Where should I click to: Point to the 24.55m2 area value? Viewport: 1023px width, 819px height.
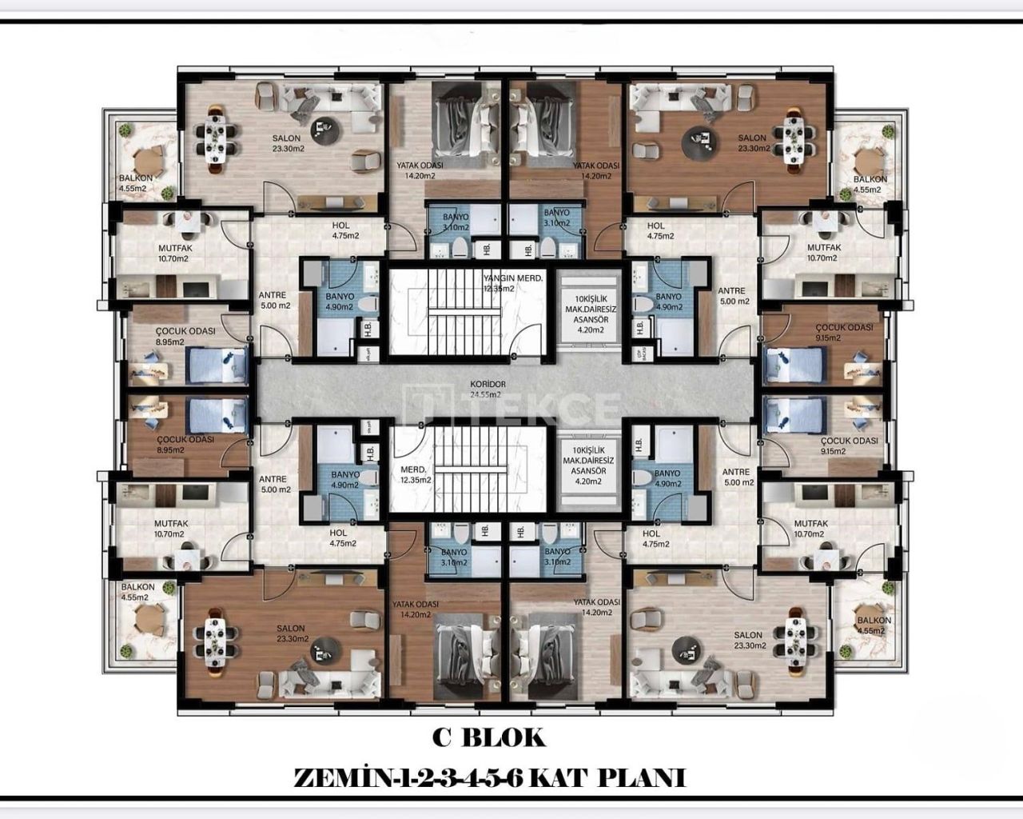[484, 394]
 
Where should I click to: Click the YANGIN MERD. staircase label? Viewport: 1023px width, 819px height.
[513, 278]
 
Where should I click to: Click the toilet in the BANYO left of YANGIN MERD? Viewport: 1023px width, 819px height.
[367, 304]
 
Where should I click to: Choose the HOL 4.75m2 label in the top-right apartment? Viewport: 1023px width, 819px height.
[657, 231]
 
